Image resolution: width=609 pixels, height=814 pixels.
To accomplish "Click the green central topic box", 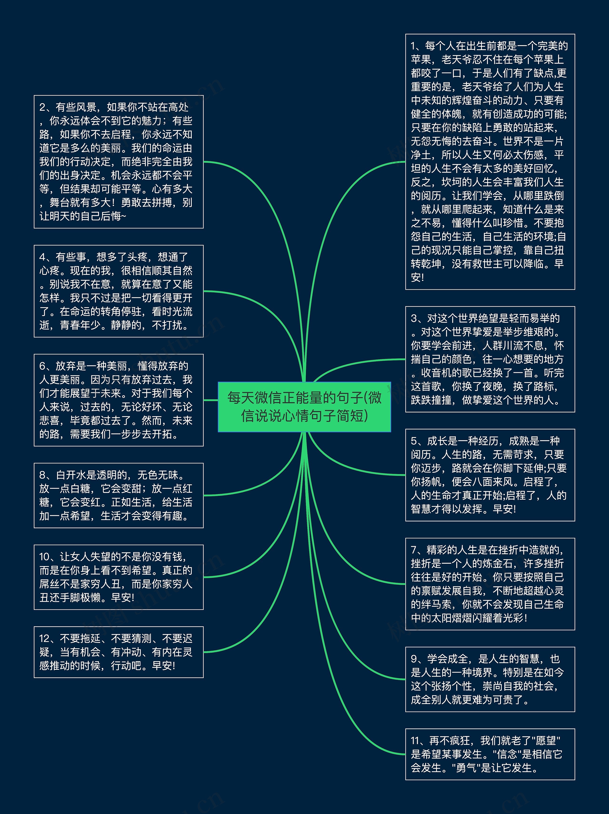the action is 304,407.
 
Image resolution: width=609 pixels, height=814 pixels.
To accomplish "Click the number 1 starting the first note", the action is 413,46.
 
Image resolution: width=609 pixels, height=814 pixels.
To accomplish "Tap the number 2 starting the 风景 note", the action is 42,107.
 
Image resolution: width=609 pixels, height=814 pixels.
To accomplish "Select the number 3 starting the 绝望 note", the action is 414,318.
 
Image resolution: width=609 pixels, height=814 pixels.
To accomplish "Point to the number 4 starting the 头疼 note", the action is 42,257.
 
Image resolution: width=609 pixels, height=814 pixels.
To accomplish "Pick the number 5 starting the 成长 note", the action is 414,441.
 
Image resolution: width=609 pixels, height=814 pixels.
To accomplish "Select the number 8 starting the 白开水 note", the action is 42,475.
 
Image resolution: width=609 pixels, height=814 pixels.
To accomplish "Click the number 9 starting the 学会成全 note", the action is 414,659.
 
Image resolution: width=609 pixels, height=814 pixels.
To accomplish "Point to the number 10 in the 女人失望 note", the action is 44,557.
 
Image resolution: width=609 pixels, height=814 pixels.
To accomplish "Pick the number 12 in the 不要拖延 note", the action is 44,638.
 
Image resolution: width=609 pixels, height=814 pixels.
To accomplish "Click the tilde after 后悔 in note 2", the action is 123,216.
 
